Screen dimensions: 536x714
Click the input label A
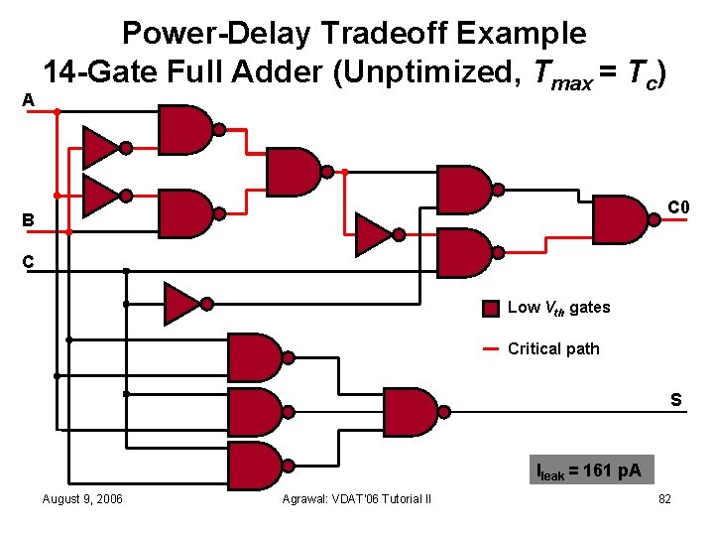pos(29,99)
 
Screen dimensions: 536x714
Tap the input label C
pos(29,263)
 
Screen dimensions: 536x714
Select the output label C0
pos(678,207)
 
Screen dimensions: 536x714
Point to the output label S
pos(674,401)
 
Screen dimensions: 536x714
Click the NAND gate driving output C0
pos(621,219)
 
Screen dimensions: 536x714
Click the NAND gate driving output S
pos(411,411)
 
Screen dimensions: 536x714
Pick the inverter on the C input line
pos(182,304)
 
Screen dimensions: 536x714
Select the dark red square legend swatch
pos(491,308)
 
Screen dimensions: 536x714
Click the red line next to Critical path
pos(491,349)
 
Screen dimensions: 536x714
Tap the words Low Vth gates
pos(558,308)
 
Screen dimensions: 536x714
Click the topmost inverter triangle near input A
pos(101,147)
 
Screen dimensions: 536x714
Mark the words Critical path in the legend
pos(553,349)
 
